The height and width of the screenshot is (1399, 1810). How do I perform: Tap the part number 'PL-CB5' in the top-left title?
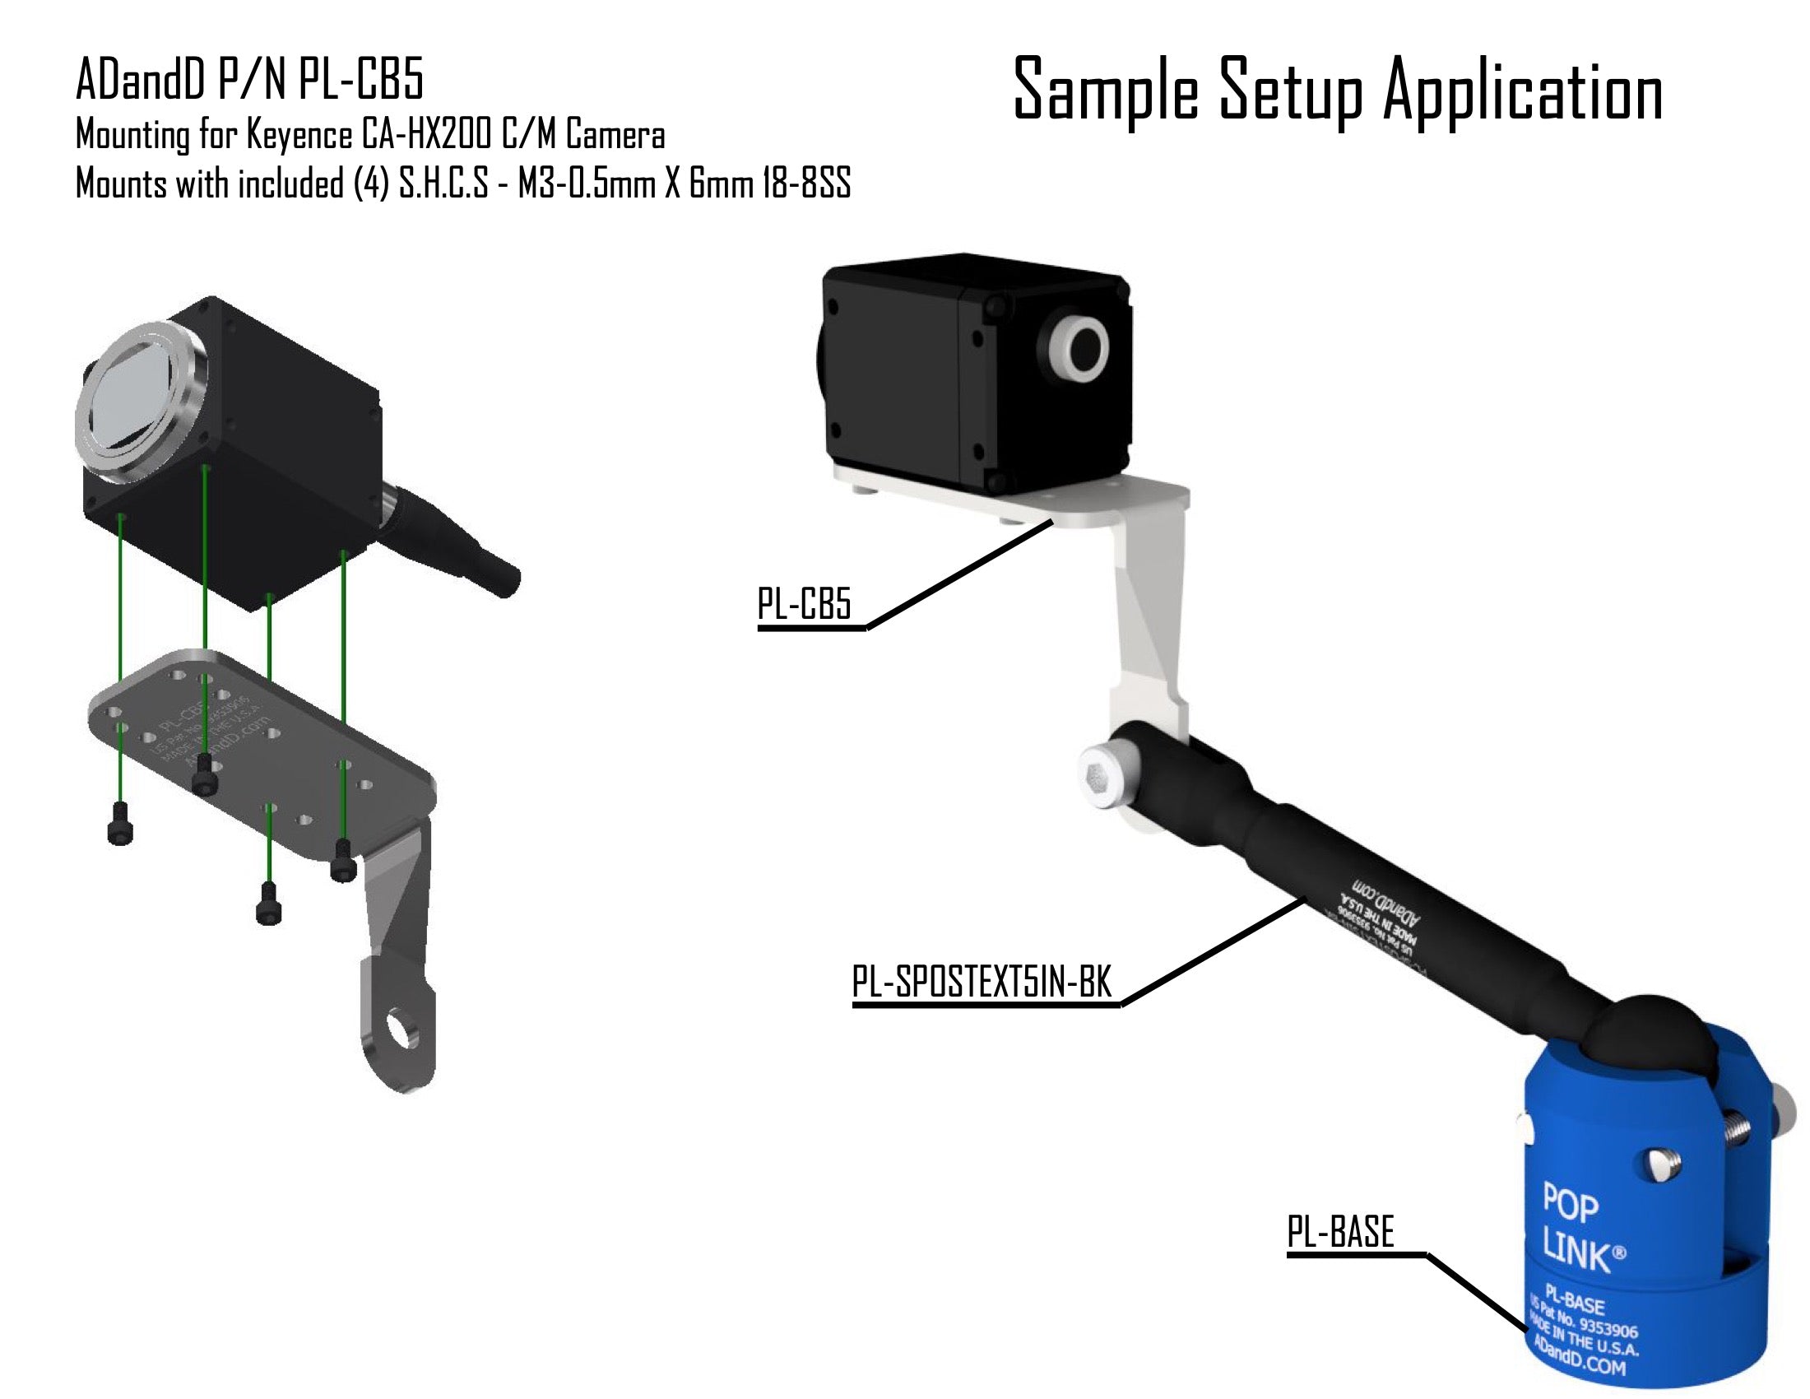pyautogui.click(x=360, y=81)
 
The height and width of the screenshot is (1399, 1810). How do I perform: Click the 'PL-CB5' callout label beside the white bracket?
pyautogui.click(x=804, y=604)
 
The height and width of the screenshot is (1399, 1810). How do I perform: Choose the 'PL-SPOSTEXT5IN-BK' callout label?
pyautogui.click(x=982, y=983)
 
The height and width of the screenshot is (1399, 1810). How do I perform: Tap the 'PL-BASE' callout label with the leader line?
pyautogui.click(x=1340, y=1232)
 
